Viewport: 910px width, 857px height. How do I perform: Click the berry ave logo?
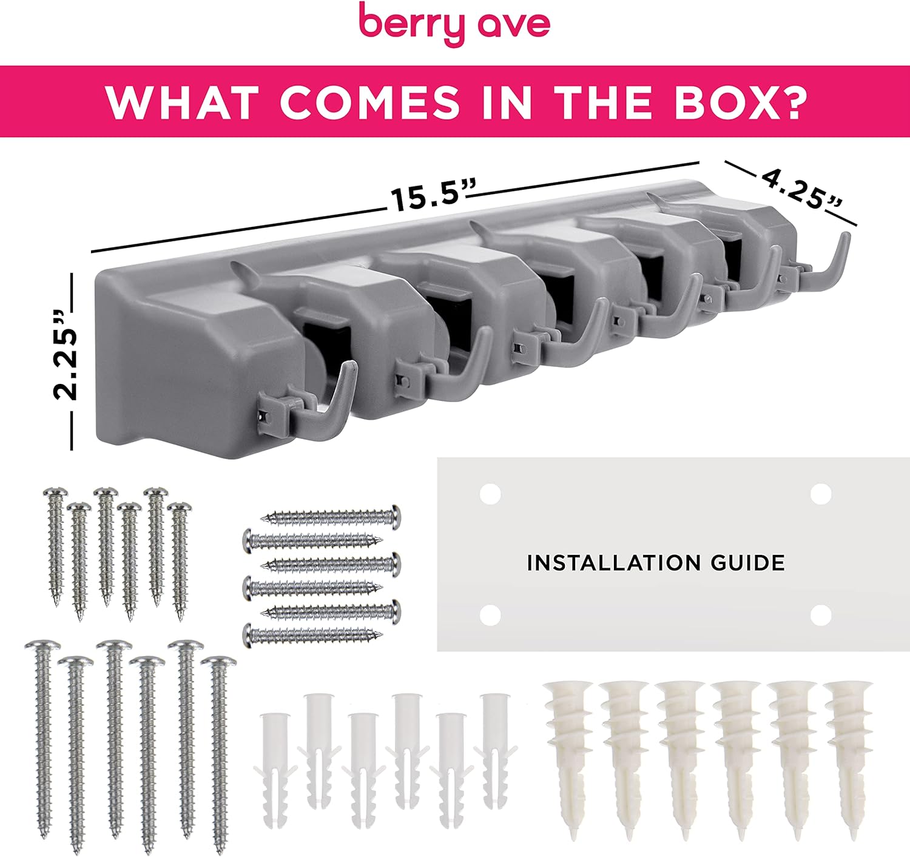[454, 24]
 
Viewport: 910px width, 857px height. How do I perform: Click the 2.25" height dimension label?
[65, 354]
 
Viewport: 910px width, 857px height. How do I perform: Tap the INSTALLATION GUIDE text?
[656, 563]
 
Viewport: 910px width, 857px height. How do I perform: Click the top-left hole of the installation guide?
[490, 494]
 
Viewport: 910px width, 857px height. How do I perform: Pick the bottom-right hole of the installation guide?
[821, 615]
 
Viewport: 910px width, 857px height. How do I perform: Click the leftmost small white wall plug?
[274, 770]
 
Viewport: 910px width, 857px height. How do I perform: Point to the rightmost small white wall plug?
[495, 751]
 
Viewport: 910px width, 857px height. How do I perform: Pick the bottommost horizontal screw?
[312, 635]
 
